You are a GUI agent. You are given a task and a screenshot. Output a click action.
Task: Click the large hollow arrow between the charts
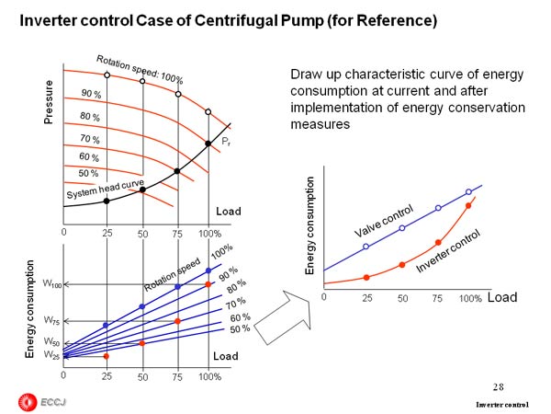(x=280, y=318)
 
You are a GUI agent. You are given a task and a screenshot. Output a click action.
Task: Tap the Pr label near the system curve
(x=223, y=142)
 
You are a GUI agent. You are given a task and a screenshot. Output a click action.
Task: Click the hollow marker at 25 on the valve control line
(x=365, y=247)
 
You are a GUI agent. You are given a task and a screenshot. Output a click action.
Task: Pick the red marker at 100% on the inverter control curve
(x=469, y=206)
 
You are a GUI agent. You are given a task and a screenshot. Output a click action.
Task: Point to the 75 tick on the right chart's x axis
(x=437, y=300)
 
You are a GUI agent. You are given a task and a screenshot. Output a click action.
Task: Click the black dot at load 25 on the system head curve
(x=107, y=201)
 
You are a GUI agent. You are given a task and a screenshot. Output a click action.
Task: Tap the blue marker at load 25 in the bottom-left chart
(x=107, y=326)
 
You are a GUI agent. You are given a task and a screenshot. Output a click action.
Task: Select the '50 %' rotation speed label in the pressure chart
(x=89, y=173)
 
